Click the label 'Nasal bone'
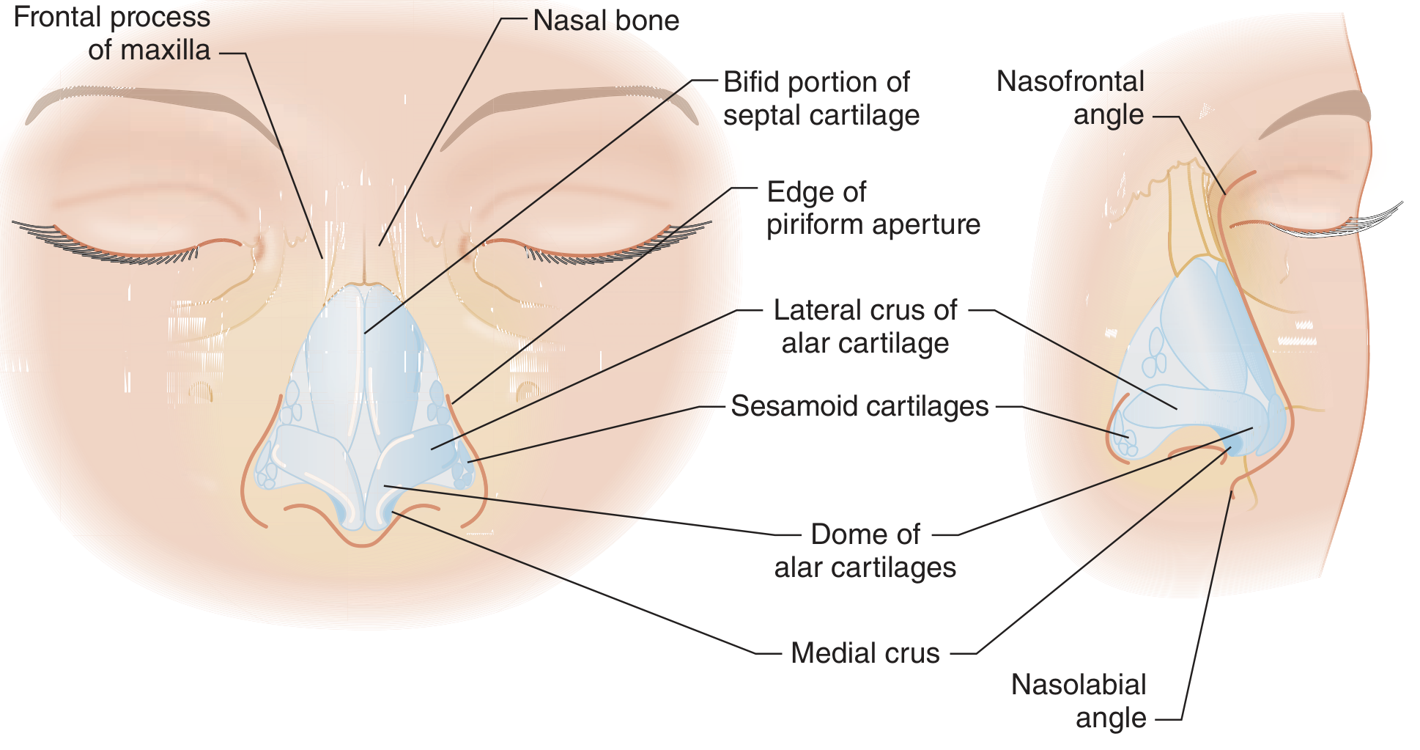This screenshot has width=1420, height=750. pyautogui.click(x=606, y=21)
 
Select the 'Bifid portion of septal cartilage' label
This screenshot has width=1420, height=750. pyautogui.click(x=821, y=98)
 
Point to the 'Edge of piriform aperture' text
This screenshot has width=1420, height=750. pyautogui.click(x=873, y=208)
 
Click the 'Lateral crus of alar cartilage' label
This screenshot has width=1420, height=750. pyautogui.click(x=865, y=326)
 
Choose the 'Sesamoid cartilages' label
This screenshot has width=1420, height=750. pyautogui.click(x=859, y=406)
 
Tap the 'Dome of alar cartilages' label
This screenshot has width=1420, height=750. pyautogui.click(x=865, y=551)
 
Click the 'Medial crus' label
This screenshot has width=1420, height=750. pyautogui.click(x=865, y=653)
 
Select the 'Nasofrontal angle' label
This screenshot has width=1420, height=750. pyautogui.click(x=1070, y=98)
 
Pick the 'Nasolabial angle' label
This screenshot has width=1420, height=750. pyautogui.click(x=1079, y=701)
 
